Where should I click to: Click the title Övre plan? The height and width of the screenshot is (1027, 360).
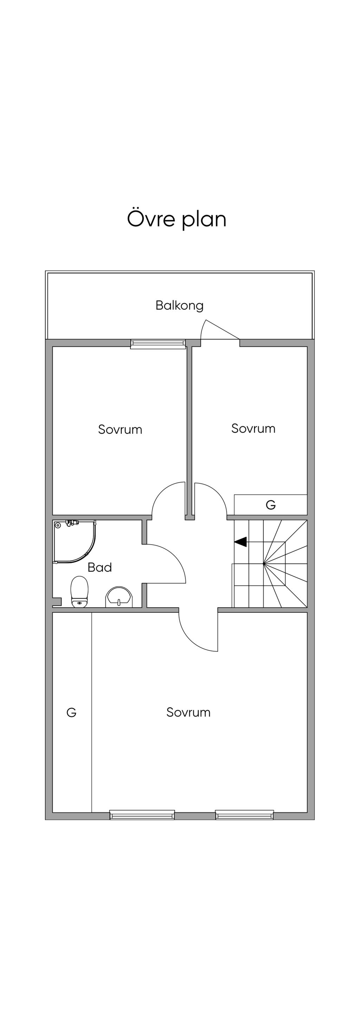(176, 219)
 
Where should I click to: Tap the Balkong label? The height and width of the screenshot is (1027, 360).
(179, 306)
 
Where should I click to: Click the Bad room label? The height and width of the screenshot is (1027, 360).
(99, 567)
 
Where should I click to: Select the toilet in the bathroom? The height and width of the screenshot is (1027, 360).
(79, 592)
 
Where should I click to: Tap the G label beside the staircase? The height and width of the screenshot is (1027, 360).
(271, 505)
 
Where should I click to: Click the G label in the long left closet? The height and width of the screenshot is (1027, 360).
(71, 712)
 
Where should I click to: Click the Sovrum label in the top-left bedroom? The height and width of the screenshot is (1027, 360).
(120, 429)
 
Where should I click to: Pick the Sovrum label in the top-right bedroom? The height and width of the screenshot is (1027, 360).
(253, 429)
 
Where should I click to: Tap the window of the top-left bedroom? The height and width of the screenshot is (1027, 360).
(158, 344)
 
